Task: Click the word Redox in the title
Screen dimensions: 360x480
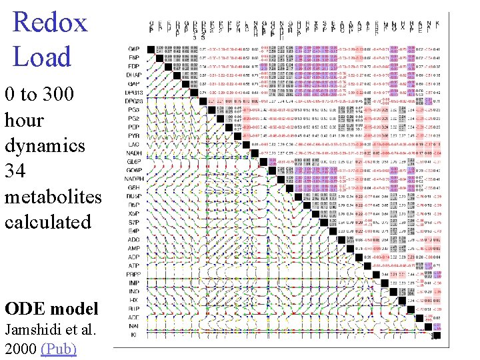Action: pos(50,22)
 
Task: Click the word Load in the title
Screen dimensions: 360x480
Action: pos(41,57)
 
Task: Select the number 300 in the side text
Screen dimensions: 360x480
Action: pos(59,95)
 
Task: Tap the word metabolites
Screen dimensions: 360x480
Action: pos(53,197)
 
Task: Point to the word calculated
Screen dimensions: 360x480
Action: pos(47,222)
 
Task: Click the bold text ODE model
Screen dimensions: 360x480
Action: pos(51,309)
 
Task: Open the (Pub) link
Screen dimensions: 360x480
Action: pos(59,349)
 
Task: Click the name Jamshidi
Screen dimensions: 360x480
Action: pos(31,329)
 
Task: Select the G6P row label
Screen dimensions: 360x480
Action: pos(134,49)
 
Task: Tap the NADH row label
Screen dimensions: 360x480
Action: pos(134,152)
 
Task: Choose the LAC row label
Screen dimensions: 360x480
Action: pos(134,143)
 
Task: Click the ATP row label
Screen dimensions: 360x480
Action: pos(134,265)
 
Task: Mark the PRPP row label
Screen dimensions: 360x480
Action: pos(134,273)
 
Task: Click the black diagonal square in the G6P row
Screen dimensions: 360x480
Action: pos(159,49)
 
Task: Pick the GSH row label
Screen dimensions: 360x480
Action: pos(134,187)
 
